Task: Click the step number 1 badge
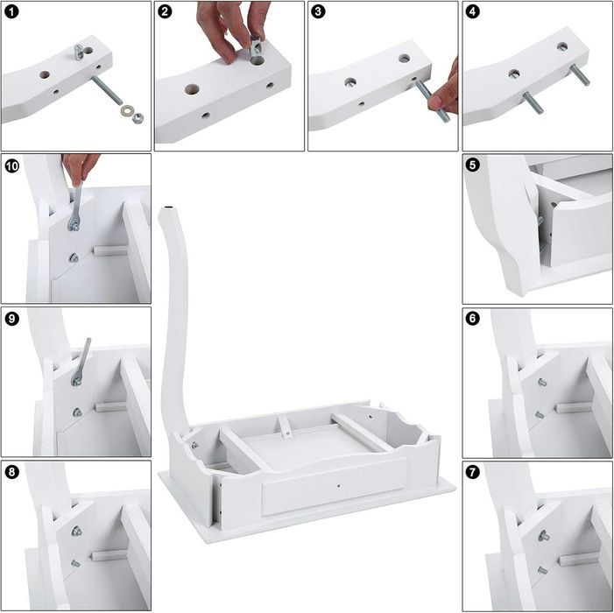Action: coord(11,11)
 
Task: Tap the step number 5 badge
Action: coord(473,165)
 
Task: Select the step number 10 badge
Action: coord(11,166)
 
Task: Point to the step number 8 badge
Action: coord(11,472)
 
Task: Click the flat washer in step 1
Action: coord(126,109)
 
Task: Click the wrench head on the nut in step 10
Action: coord(74,225)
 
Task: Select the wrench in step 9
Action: coord(81,362)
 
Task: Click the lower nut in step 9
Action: coord(78,412)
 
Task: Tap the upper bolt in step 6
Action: coord(542,382)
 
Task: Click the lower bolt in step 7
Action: coord(542,570)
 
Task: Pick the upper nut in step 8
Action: coord(77,532)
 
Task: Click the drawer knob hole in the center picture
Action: coord(338,486)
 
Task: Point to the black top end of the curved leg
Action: coord(169,207)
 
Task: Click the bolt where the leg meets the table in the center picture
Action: coord(194,445)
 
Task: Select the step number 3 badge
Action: coord(318,11)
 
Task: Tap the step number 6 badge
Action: coord(473,318)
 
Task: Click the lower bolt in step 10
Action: coord(74,257)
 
